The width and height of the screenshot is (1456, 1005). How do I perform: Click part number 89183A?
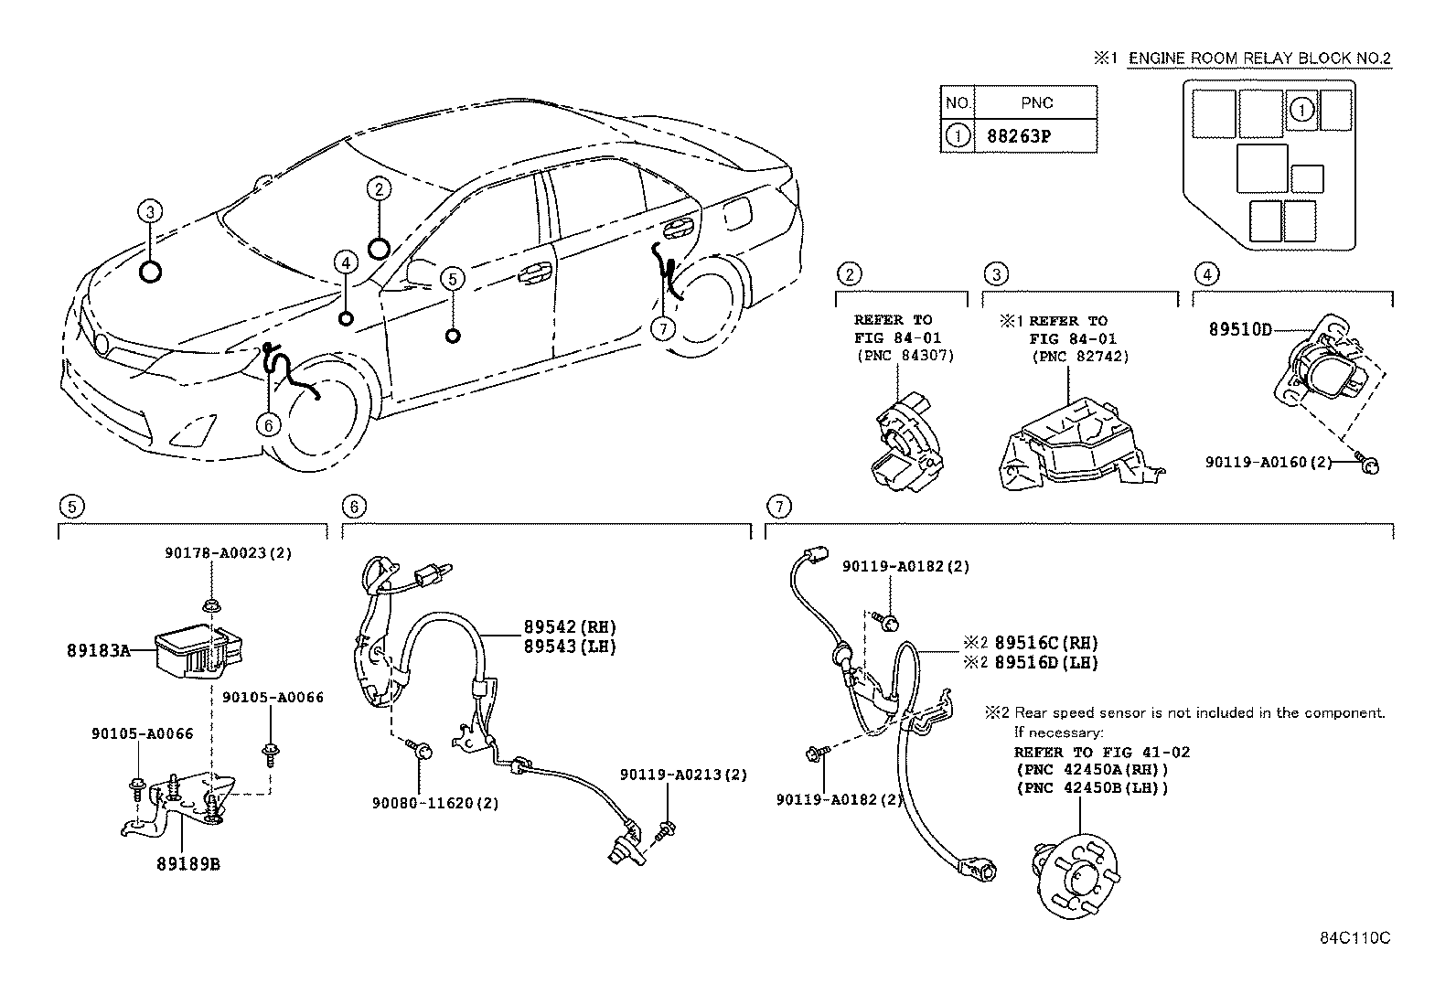pyautogui.click(x=97, y=651)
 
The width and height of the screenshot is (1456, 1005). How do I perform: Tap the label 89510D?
pyautogui.click(x=1240, y=330)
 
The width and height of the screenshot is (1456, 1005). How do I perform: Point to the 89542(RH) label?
pyautogui.click(x=570, y=627)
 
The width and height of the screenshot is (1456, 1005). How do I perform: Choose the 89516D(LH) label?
pyautogui.click(x=1046, y=662)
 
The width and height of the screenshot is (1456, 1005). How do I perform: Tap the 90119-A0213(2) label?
pyautogui.click(x=683, y=775)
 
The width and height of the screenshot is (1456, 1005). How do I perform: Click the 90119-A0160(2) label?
pyautogui.click(x=1269, y=463)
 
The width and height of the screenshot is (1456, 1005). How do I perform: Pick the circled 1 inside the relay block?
pyautogui.click(x=1301, y=110)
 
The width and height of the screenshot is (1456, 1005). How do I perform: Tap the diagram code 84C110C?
pyautogui.click(x=1354, y=939)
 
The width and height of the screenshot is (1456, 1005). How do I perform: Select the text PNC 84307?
pyautogui.click(x=905, y=356)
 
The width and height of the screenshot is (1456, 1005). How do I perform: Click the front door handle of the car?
pyautogui.click(x=532, y=272)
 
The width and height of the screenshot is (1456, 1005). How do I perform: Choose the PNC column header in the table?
pyautogui.click(x=1036, y=102)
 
